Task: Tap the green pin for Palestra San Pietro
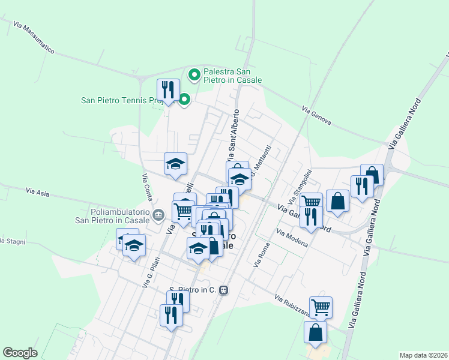[x=194, y=75]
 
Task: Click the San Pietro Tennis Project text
[x=119, y=100]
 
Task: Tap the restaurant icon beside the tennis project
[x=168, y=91]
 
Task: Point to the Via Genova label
[x=317, y=116]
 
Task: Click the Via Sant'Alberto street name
[x=234, y=130]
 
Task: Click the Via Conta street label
[x=146, y=187]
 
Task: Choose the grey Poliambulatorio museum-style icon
[x=159, y=214]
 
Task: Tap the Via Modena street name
[x=292, y=238]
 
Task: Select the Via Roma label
[x=262, y=254]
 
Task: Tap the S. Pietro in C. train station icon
[x=224, y=290]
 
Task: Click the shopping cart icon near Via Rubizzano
[x=321, y=307]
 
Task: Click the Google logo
[x=20, y=353]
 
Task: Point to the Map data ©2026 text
[x=423, y=355]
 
